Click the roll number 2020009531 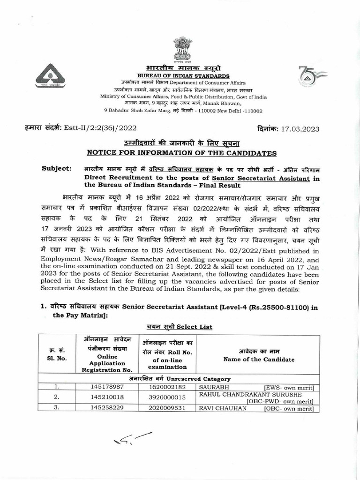point(168,408)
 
